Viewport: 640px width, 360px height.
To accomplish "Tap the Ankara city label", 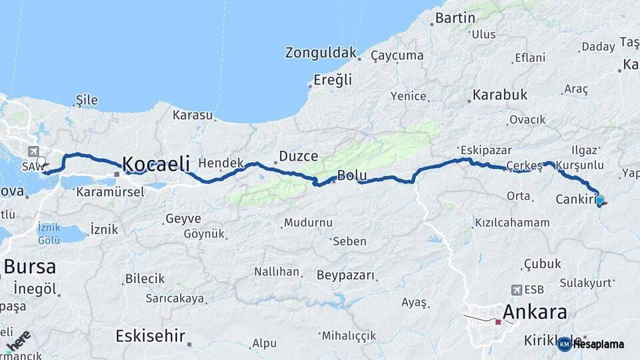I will click(535, 312).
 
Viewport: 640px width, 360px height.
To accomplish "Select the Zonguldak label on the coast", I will click(321, 53).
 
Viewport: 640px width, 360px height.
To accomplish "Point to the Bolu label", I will click(352, 176).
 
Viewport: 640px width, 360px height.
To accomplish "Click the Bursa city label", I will click(29, 267).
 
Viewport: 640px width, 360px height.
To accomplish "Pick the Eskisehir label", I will click(150, 335).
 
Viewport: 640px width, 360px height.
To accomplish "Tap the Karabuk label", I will click(500, 95).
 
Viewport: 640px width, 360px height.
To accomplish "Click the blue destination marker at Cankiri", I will click(599, 200).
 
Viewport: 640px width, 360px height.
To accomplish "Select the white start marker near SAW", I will click(41, 161).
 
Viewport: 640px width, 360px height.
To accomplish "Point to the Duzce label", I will click(298, 157).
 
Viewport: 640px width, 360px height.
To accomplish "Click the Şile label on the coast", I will click(87, 101).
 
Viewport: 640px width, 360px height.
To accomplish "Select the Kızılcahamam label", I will click(512, 222).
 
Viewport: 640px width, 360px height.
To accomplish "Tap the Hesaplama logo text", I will click(598, 344).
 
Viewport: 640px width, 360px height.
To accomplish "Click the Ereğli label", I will click(333, 80).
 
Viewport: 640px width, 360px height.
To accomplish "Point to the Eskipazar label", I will click(485, 149).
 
